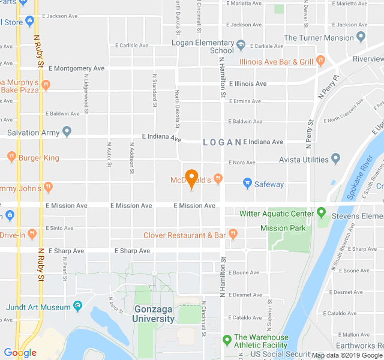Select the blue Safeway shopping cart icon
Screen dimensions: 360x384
(x=247, y=183)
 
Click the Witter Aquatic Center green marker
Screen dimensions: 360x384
(x=321, y=212)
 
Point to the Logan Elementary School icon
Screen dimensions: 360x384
(x=241, y=44)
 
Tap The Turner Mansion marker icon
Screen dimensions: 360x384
(x=361, y=37)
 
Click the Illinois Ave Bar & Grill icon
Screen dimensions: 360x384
(x=321, y=60)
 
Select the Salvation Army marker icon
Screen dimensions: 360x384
(x=67, y=131)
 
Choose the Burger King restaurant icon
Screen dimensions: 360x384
(x=11, y=157)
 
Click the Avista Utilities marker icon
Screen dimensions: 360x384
(x=336, y=159)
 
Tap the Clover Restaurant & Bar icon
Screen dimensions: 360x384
(x=233, y=235)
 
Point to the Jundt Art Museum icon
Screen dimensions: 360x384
(x=77, y=307)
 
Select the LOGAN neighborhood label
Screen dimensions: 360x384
(x=221, y=142)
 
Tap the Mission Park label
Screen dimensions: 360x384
(x=283, y=228)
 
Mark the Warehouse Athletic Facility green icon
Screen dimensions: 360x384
(x=227, y=340)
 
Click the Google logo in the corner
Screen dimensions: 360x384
(x=20, y=353)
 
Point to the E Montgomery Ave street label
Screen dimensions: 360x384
(x=76, y=68)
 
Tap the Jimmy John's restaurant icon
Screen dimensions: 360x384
(x=48, y=187)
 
